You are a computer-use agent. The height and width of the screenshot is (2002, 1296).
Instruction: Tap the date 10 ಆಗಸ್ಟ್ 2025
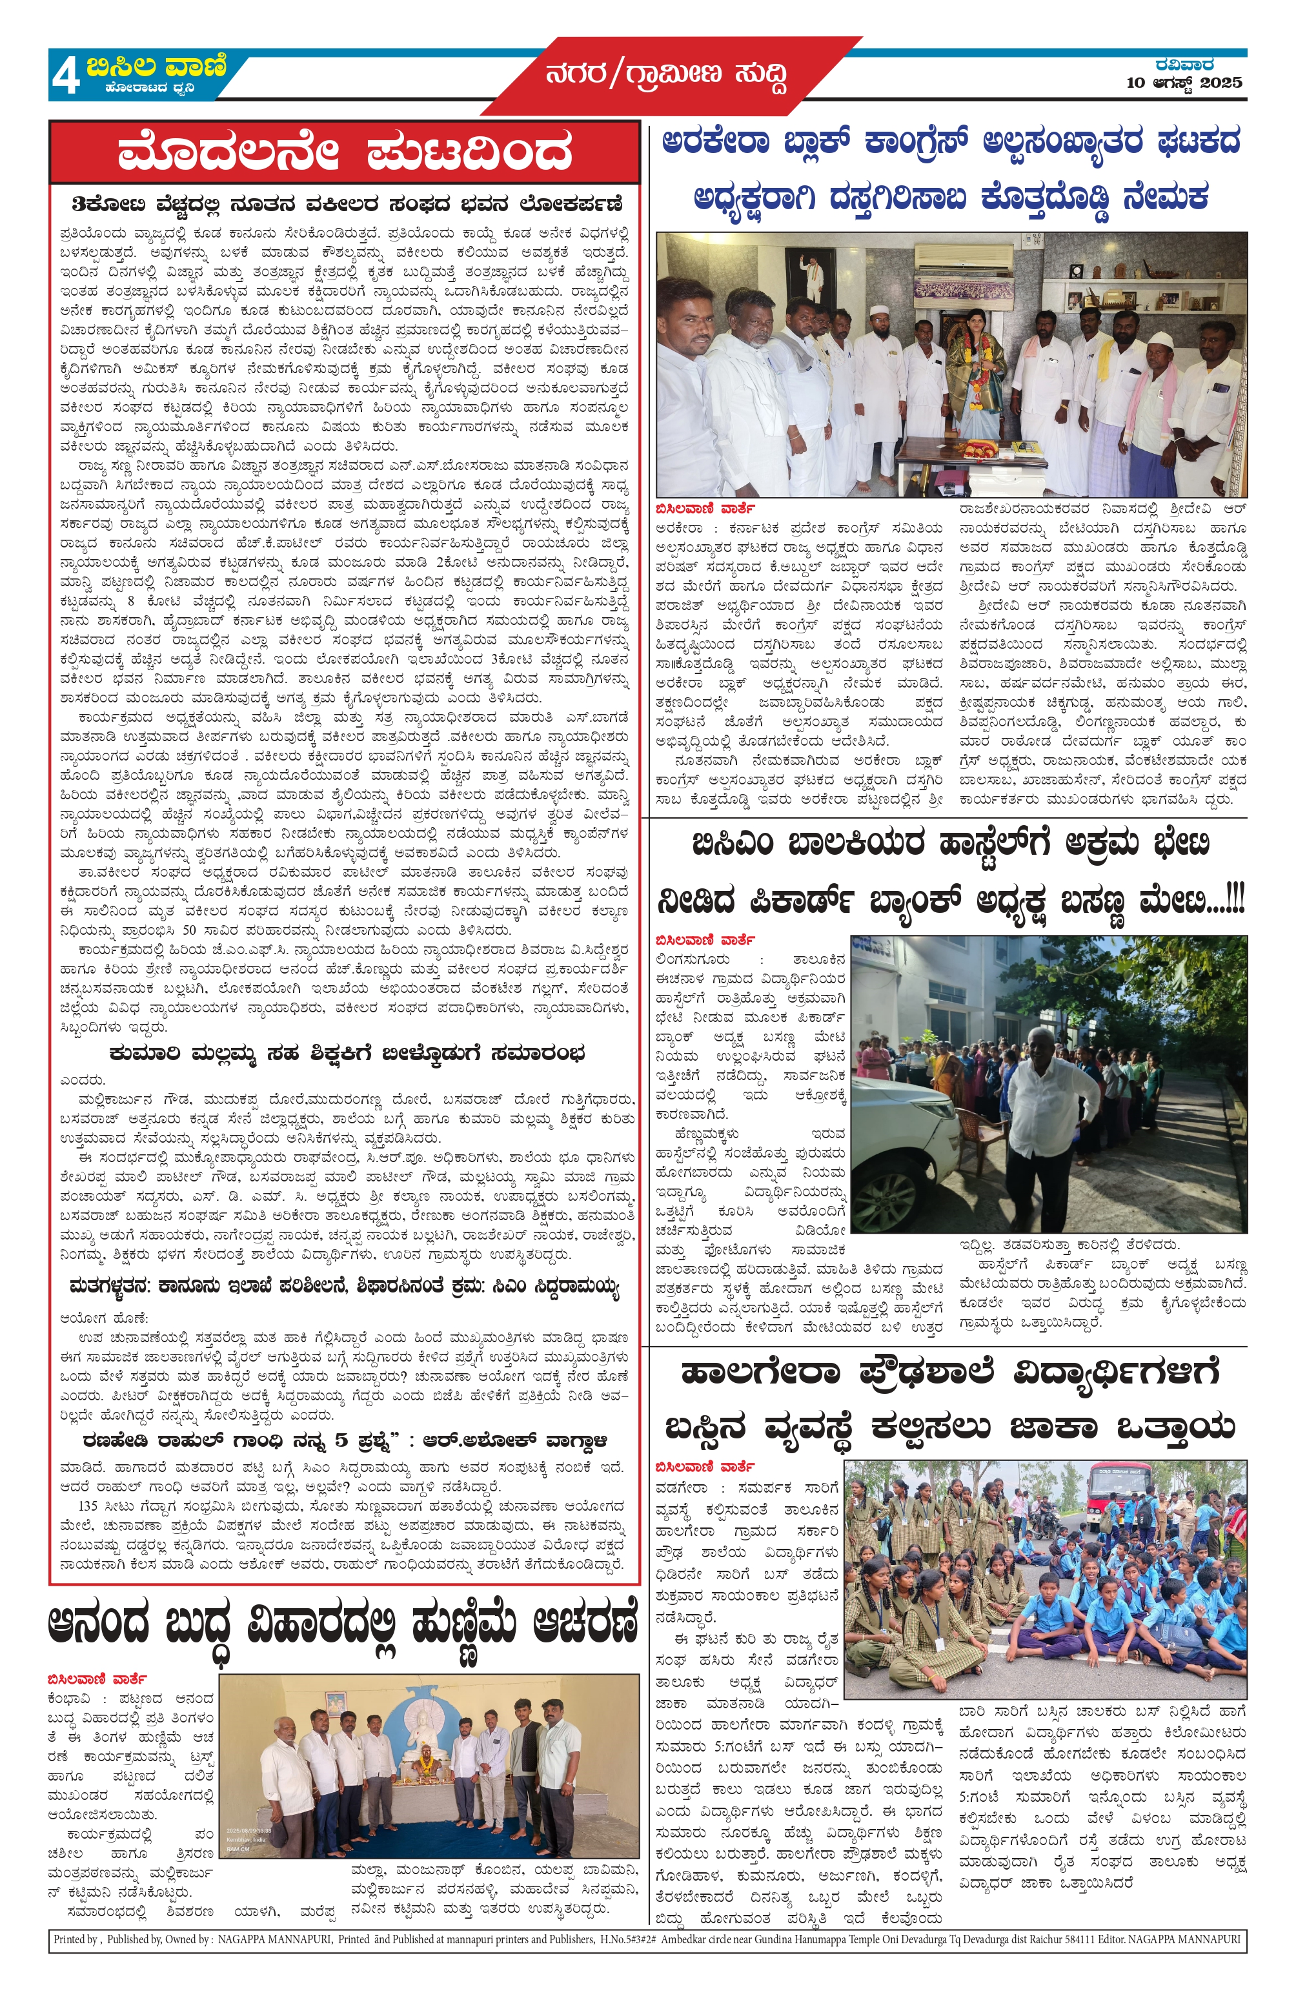pyautogui.click(x=1184, y=83)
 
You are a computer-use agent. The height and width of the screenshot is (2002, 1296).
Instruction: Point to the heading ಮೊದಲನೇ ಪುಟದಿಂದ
pyautogui.click(x=344, y=154)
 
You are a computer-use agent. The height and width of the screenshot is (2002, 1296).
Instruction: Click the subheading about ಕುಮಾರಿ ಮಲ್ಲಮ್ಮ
pyautogui.click(x=347, y=1053)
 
